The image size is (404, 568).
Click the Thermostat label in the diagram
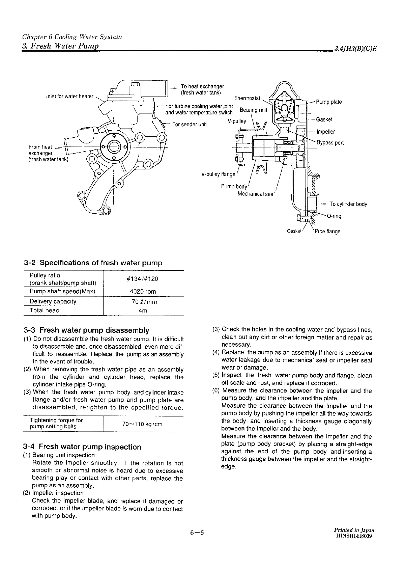point(247,98)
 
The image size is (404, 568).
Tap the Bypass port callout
point(330,143)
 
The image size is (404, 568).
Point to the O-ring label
point(334,216)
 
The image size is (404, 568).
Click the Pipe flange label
point(327,232)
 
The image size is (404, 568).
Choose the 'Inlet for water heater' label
point(69,97)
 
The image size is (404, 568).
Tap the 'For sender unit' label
point(189,124)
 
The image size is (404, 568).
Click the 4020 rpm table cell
point(143,292)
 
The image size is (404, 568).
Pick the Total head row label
point(45,310)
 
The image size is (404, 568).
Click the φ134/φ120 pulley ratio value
point(143,279)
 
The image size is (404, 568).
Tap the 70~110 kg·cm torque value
point(142,424)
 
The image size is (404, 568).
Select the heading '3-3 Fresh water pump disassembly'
point(86,330)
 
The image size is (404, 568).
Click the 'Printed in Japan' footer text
point(354,530)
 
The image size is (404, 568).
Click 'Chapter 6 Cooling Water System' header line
point(72,37)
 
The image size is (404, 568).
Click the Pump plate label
point(329,102)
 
